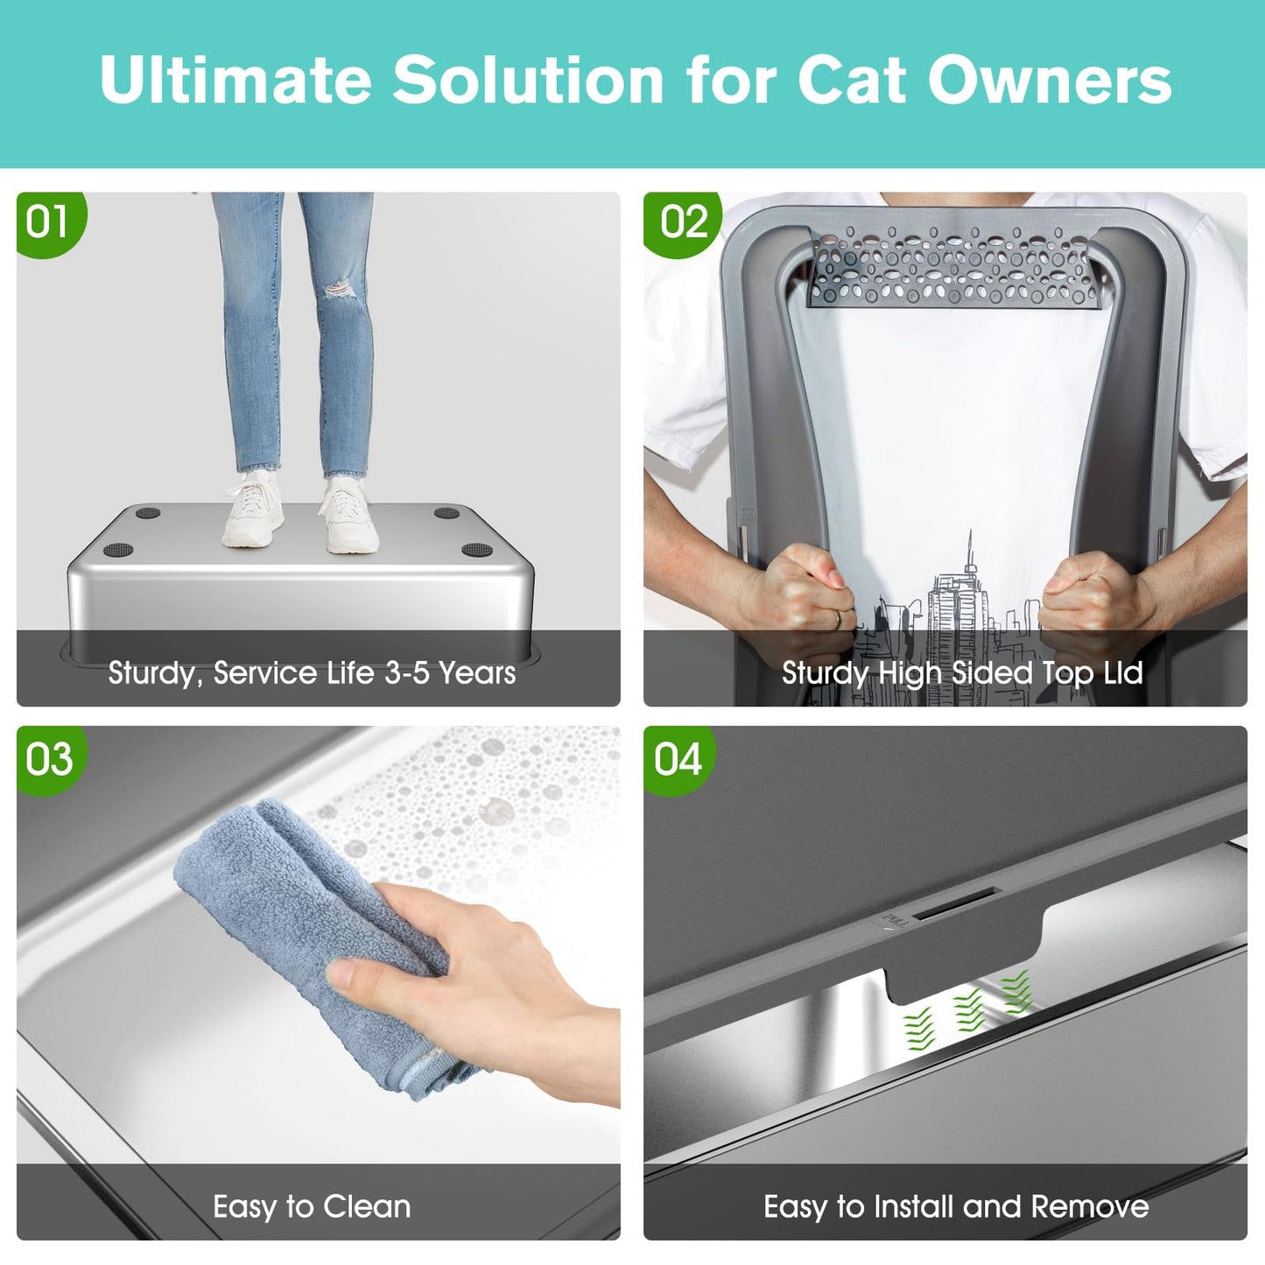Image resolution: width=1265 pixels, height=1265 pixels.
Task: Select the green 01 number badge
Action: (x=47, y=222)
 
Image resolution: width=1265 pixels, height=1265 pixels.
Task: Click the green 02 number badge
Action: (x=684, y=222)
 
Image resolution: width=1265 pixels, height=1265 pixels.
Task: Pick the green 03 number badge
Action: (x=49, y=759)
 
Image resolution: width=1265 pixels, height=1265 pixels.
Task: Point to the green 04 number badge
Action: (x=678, y=759)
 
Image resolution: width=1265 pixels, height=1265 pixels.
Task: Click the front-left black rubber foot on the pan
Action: (x=117, y=550)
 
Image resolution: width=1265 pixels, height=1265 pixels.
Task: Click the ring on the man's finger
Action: (x=838, y=618)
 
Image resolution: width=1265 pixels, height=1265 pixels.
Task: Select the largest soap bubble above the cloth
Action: (x=495, y=811)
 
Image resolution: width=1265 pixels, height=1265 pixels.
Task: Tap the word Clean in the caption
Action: (x=366, y=1206)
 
